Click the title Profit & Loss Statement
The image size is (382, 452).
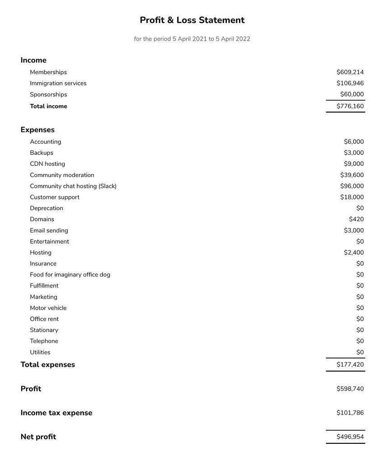click(192, 20)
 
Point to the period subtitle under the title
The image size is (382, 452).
click(192, 39)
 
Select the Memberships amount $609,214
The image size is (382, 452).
click(350, 72)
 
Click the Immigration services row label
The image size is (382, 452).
click(58, 83)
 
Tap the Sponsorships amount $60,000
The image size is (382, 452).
click(352, 94)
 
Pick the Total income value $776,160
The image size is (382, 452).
click(350, 106)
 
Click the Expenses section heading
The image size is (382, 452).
click(37, 130)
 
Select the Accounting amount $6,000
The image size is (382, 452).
click(354, 141)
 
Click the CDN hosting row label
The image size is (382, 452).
click(47, 164)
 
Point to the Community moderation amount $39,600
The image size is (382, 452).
click(352, 175)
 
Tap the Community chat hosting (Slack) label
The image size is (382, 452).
click(73, 186)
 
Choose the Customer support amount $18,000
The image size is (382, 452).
click(352, 197)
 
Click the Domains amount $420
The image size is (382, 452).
click(356, 219)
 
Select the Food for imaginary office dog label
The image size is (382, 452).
click(70, 274)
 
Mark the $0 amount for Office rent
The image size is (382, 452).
click(360, 319)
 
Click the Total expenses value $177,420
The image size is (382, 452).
click(350, 364)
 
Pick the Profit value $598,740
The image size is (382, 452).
click(350, 389)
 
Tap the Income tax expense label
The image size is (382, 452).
click(56, 413)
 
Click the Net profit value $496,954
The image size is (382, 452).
click(350, 437)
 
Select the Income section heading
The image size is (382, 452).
click(33, 60)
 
